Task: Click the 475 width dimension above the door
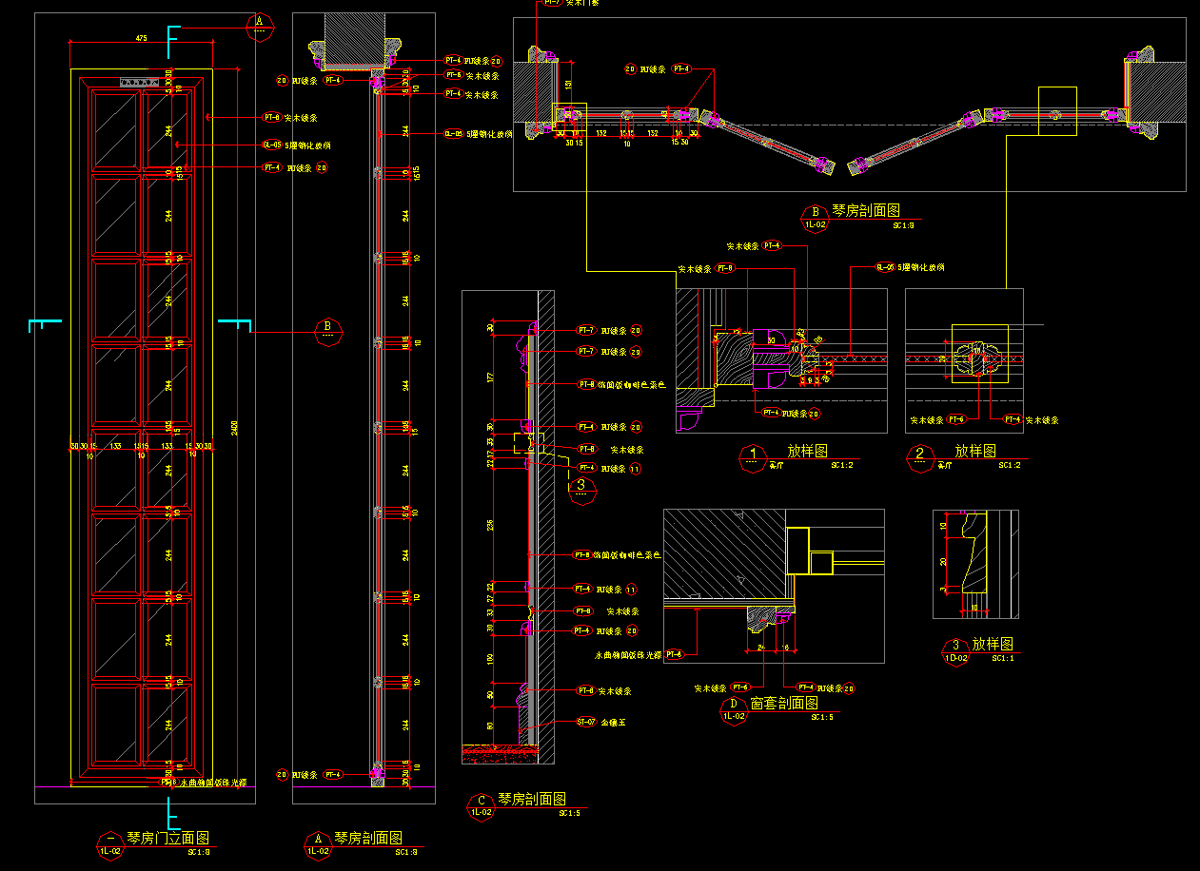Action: (x=141, y=38)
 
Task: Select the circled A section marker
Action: (x=260, y=23)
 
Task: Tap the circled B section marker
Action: (x=327, y=331)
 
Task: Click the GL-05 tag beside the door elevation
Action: (x=271, y=145)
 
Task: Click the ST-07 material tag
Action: (x=585, y=722)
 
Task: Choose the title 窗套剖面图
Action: (x=784, y=704)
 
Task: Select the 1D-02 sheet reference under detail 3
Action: (x=954, y=657)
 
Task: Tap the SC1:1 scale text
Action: (x=1003, y=657)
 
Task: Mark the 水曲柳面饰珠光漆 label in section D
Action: (x=627, y=654)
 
